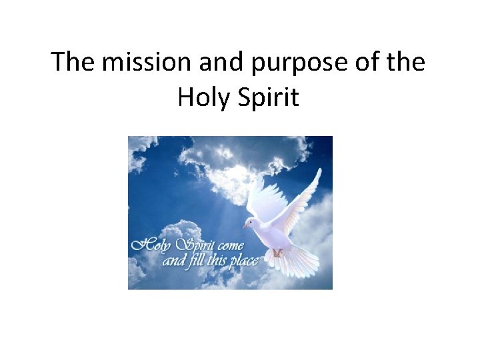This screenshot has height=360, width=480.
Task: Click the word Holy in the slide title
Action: point(203,98)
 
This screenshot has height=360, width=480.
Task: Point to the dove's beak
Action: point(245,226)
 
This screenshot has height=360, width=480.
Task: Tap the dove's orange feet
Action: point(278,253)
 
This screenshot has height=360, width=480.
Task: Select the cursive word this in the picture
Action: point(215,260)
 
